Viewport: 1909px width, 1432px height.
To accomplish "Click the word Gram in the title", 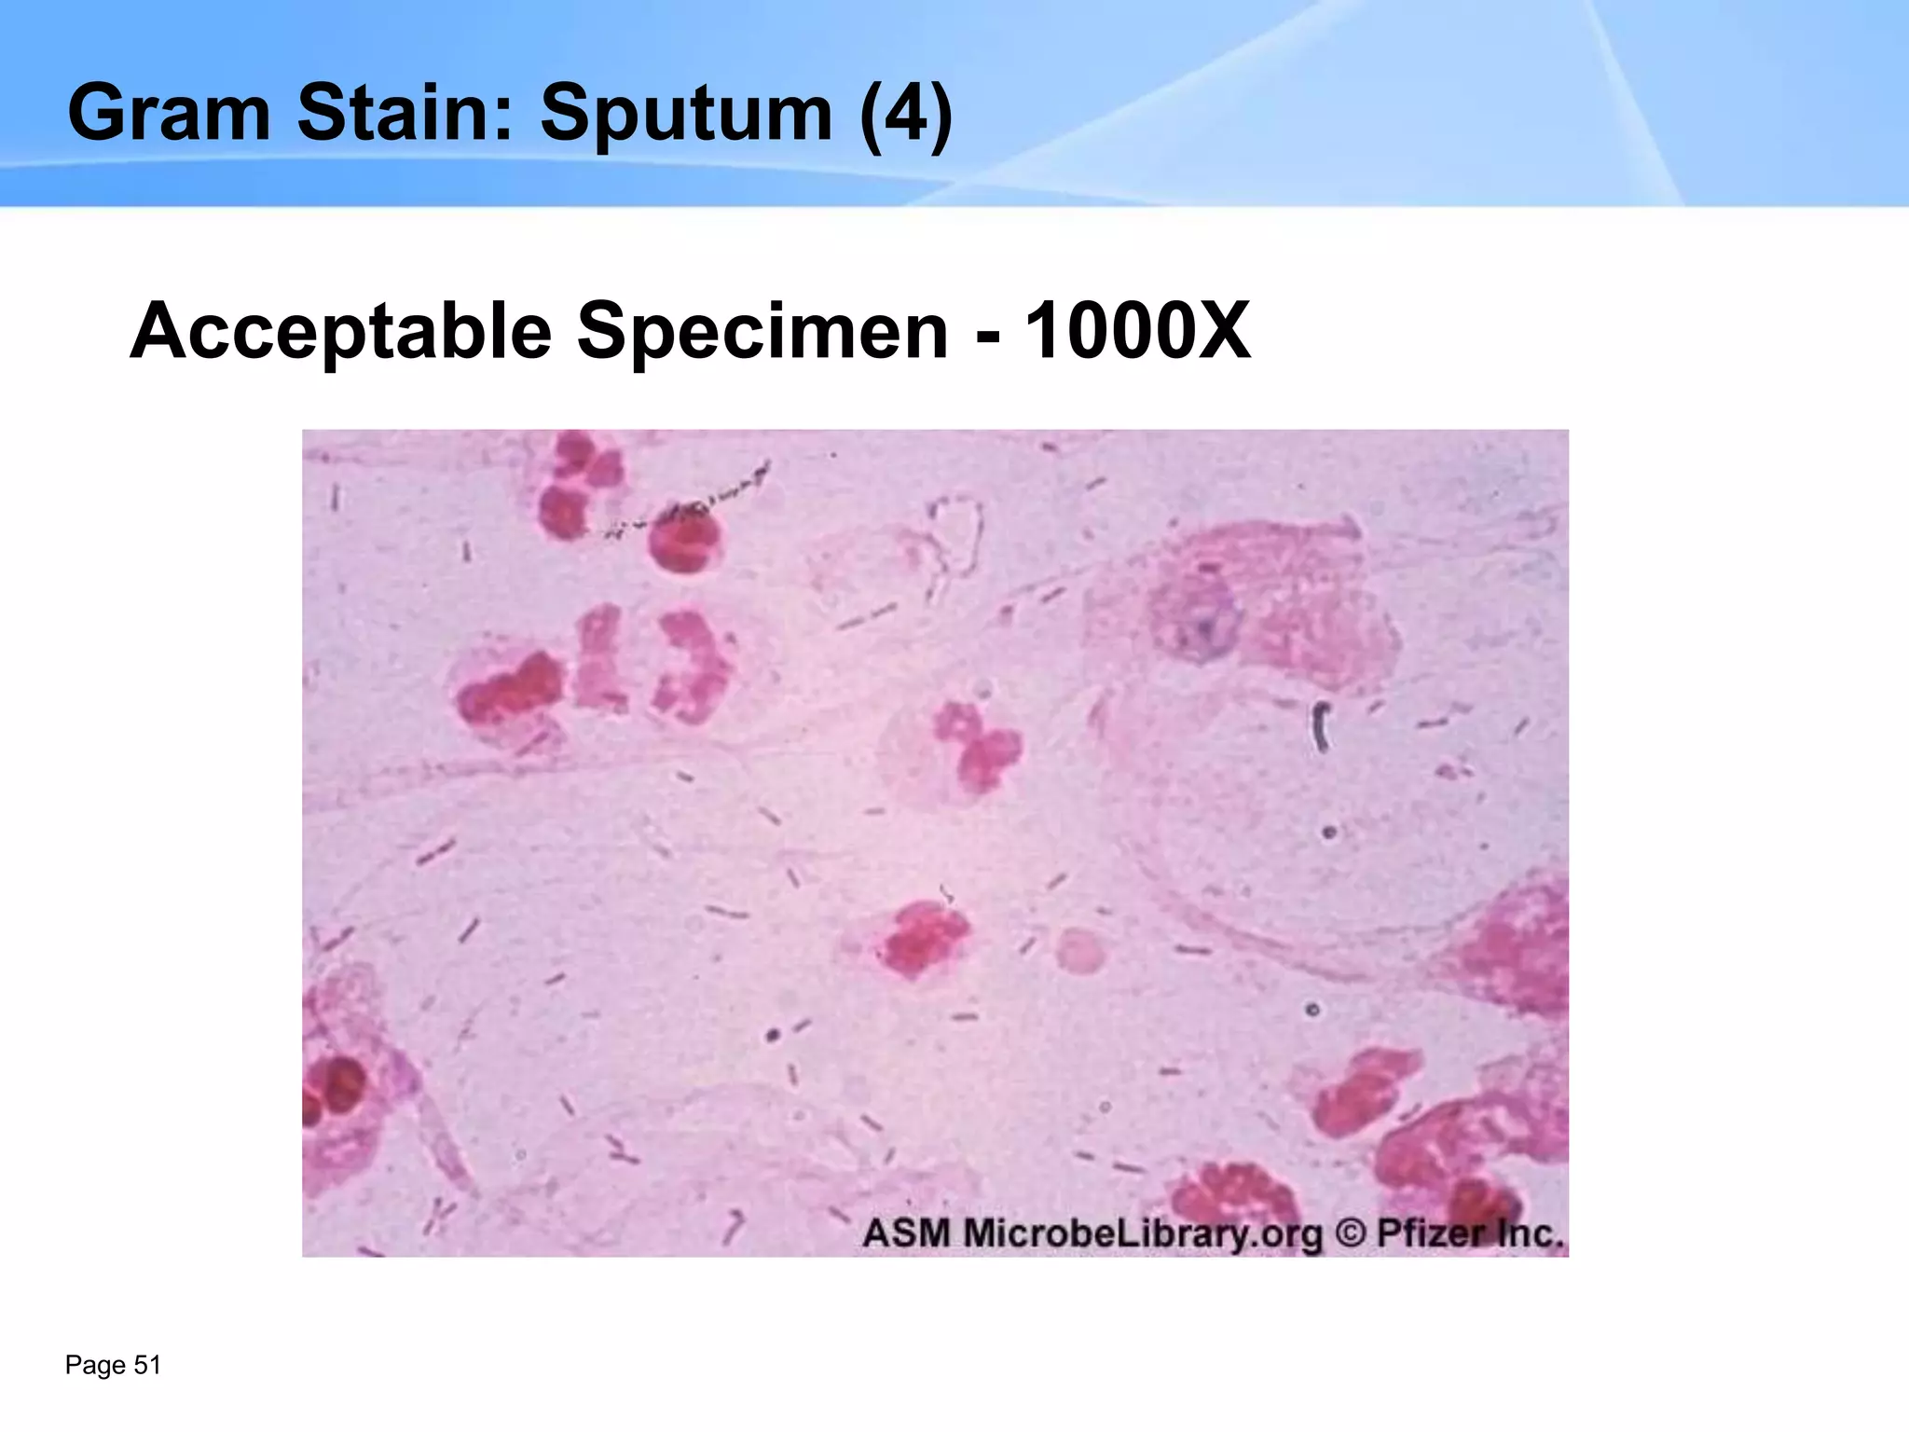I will pos(169,113).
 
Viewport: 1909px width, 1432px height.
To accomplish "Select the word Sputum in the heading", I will pos(686,113).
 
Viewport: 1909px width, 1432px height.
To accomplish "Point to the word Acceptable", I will pos(341,331).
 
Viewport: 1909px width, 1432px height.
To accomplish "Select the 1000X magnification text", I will pos(1137,331).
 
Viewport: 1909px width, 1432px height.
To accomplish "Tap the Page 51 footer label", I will pos(113,1366).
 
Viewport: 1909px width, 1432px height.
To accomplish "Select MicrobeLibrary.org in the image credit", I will pos(1143,1233).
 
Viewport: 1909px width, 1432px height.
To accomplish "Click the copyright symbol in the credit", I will pos(1350,1232).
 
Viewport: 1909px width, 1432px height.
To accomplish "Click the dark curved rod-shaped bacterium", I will pos(1321,728).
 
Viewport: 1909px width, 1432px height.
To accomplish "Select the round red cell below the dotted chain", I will pos(681,542).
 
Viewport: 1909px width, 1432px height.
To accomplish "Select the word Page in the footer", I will pos(95,1366).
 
